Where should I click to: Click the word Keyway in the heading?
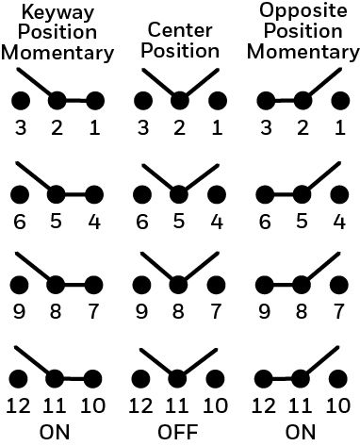tap(57, 14)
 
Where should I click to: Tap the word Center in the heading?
tap(180, 30)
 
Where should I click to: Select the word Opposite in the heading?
tap(303, 11)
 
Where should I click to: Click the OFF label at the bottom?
tap(178, 432)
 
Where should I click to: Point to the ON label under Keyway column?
tap(55, 432)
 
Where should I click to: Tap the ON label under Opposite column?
tap(301, 432)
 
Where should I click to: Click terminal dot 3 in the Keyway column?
tap(21, 101)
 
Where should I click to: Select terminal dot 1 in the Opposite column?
tap(340, 101)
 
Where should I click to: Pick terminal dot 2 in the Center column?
tap(180, 101)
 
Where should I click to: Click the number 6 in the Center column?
tap(142, 222)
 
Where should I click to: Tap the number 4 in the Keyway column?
tap(94, 222)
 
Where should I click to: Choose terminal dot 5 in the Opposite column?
tap(302, 194)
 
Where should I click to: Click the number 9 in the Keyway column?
tap(19, 311)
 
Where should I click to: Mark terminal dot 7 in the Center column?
tap(216, 285)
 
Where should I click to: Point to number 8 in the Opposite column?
tap(302, 311)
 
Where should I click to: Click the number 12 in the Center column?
tap(140, 405)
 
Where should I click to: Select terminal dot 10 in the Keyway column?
tap(92, 378)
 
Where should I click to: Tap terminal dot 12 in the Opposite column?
tap(264, 378)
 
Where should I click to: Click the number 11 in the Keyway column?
tap(54, 405)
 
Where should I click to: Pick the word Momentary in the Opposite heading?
tap(303, 53)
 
